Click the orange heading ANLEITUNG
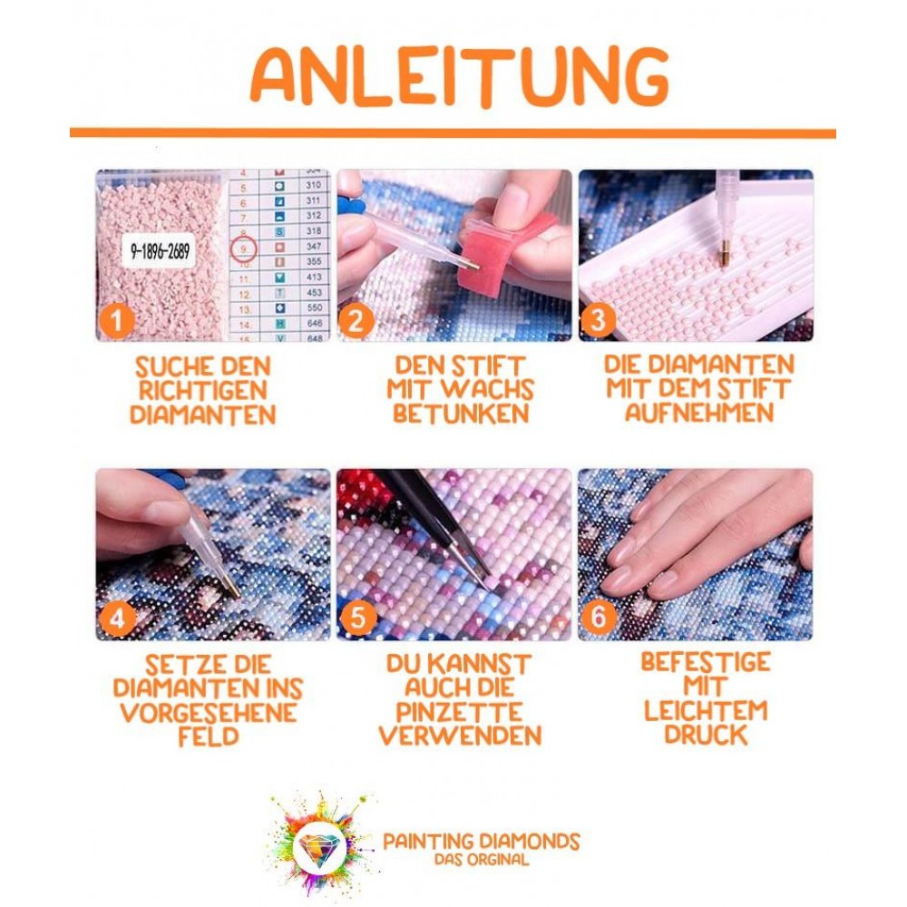[x=460, y=76]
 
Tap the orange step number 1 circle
[x=117, y=320]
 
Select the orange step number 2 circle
[x=356, y=320]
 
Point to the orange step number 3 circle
[x=598, y=320]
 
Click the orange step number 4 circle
[x=117, y=618]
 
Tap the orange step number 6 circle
[x=599, y=617]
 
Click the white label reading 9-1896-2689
[x=159, y=251]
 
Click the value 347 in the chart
[x=314, y=247]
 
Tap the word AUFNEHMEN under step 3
[x=698, y=413]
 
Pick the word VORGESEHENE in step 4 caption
[x=209, y=713]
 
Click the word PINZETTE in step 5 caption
[x=459, y=712]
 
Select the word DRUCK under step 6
[x=706, y=735]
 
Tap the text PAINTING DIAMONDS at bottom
[x=482, y=841]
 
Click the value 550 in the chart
[x=315, y=307]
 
